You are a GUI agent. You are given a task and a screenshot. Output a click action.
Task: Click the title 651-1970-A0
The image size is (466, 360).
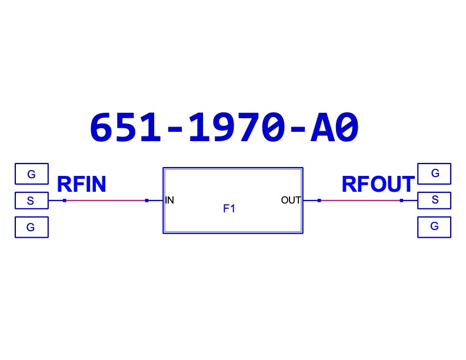pos(224,128)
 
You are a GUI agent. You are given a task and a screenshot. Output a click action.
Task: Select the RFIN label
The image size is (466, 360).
pos(81,184)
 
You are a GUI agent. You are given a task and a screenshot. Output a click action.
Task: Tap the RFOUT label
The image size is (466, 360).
pos(378,184)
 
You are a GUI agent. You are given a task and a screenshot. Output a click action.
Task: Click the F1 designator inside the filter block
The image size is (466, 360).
pos(229,208)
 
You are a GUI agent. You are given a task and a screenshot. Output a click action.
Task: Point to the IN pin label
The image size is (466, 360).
pos(169,200)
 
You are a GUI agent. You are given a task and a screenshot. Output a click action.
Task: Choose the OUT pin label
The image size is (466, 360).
pos(291,200)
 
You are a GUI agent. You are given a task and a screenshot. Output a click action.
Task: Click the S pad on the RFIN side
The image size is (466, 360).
pos(32,201)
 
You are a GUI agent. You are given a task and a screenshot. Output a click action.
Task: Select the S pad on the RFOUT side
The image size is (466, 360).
pos(434,200)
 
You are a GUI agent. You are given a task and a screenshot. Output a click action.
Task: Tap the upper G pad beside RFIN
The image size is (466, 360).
pos(32,174)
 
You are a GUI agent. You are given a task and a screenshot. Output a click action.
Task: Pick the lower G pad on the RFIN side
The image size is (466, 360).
pos(32,227)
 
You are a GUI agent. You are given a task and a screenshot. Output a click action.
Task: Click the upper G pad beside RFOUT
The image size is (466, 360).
pos(434,174)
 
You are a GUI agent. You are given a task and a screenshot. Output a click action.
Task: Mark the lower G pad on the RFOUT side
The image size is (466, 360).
pos(434,227)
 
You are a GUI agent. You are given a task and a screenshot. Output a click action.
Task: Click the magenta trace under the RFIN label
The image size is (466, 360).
pos(105,201)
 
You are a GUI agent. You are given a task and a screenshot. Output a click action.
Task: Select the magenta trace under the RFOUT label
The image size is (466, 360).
pos(361,201)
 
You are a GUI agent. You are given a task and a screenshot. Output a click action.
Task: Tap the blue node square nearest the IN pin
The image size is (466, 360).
pos(147,201)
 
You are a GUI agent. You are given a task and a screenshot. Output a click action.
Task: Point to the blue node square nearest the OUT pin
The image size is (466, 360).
pos(319,201)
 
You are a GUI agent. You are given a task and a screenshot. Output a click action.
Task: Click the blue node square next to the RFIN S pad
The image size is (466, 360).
pos(65,201)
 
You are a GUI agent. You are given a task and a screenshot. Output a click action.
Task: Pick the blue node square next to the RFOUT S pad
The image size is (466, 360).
pos(401,201)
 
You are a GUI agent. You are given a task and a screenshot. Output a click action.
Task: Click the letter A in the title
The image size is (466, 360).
pos(322,128)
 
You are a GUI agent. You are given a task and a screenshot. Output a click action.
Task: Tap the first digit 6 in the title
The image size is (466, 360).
pos(101,128)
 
